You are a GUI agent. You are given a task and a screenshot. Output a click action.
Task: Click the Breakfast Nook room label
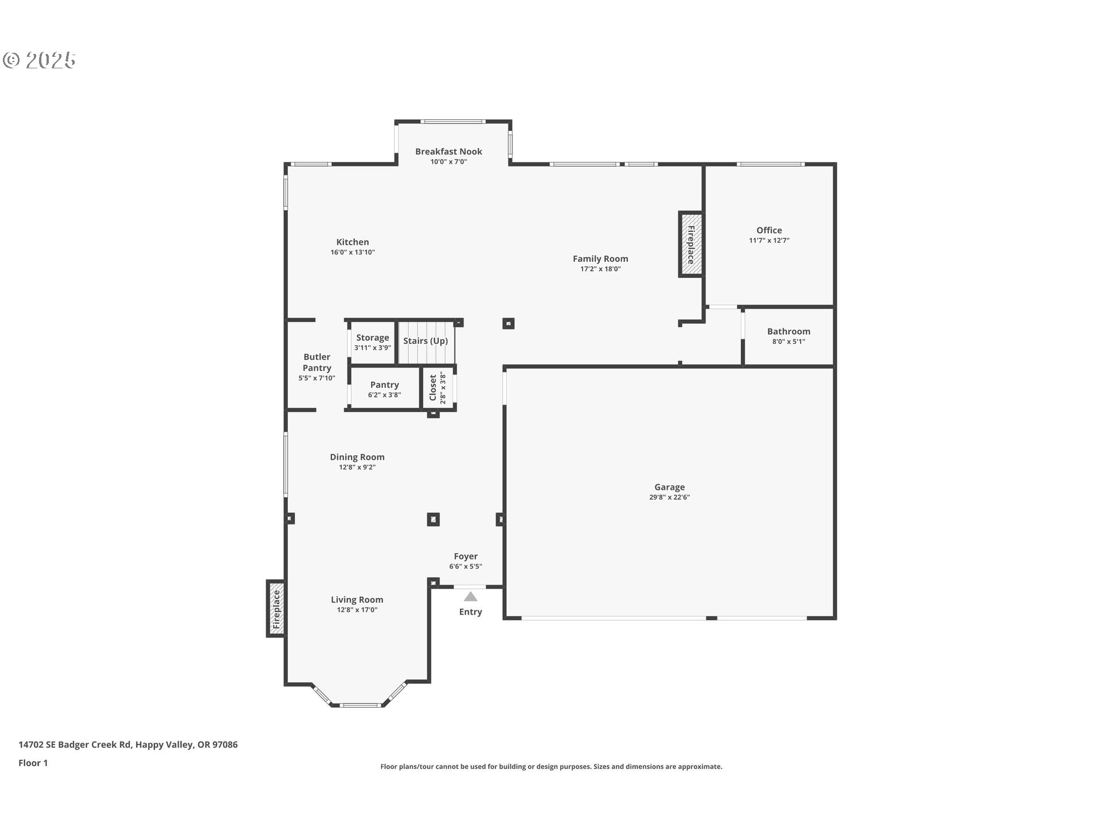[x=449, y=152]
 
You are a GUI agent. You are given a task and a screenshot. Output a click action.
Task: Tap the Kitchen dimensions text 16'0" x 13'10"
[x=353, y=252]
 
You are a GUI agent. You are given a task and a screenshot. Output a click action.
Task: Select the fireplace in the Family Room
[x=691, y=245]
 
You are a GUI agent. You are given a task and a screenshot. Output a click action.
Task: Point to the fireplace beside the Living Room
[x=276, y=609]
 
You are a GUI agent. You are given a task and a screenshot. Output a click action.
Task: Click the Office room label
[x=769, y=230]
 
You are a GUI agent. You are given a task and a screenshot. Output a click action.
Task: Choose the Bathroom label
[x=789, y=331]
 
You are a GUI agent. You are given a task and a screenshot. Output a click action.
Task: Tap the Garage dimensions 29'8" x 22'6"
[x=670, y=497]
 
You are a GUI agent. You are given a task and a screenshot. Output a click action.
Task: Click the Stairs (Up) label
[x=426, y=341]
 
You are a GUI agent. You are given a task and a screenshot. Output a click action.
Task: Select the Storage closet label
[x=373, y=338]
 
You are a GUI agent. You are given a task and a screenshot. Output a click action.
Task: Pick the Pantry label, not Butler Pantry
[x=385, y=385]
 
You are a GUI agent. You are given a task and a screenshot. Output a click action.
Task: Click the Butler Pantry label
[x=317, y=362]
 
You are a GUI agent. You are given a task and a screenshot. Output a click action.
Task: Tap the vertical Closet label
[x=433, y=388]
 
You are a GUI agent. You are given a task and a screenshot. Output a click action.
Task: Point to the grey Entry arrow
[x=470, y=597]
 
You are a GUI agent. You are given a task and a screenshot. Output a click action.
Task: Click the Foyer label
[x=466, y=557]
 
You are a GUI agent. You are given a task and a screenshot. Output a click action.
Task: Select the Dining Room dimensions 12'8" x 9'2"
[x=357, y=467]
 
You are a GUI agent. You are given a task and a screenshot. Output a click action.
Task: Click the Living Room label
[x=357, y=600]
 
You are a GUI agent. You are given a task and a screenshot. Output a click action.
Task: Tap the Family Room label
[x=601, y=259]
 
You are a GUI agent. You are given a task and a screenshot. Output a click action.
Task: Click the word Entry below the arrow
[x=470, y=612]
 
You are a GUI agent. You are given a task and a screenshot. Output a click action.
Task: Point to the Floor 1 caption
[x=33, y=763]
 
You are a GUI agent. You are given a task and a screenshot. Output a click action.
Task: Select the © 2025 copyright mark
[x=39, y=60]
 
